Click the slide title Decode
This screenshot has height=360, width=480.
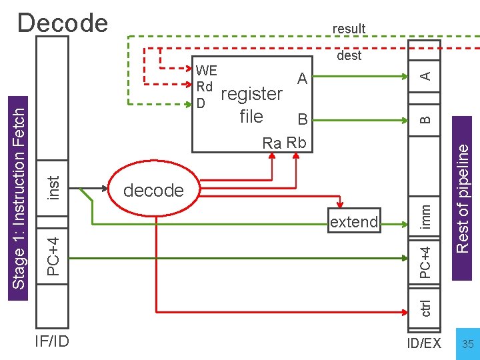[63, 23]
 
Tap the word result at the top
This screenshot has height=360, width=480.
[349, 29]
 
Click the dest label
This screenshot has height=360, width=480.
[349, 56]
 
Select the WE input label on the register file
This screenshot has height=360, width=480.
[206, 71]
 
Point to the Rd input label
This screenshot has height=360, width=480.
[204, 87]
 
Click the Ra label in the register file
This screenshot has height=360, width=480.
[272, 143]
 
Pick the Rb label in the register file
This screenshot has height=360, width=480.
[296, 143]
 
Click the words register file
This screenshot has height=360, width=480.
[251, 105]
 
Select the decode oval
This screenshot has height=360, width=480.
[153, 190]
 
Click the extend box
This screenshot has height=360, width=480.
[353, 222]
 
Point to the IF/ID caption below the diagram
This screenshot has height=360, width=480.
[52, 342]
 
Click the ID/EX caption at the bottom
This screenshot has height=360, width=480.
[424, 343]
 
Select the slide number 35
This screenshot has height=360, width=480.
[468, 344]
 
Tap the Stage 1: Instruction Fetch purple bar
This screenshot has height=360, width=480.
[19, 197]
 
